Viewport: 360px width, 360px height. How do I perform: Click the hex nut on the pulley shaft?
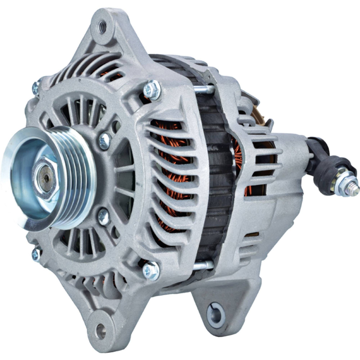click(45, 178)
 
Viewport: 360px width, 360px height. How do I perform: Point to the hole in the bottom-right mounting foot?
click(216, 313)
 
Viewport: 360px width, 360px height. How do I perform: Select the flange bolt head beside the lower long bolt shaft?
click(151, 271)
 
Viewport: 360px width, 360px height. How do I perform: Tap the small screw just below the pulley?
click(103, 217)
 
